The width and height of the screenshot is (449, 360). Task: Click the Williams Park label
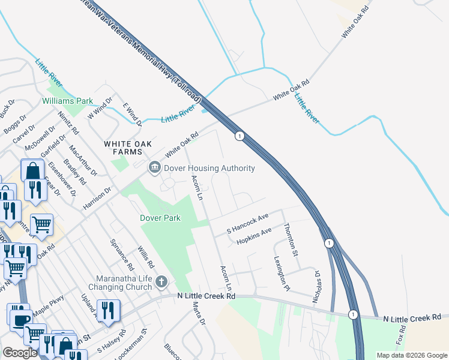(67, 101)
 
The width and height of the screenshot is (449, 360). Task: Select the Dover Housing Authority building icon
(154, 168)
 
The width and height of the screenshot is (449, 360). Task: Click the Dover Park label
(161, 218)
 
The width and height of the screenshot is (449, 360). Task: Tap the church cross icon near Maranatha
(161, 281)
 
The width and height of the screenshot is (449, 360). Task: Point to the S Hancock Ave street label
(247, 223)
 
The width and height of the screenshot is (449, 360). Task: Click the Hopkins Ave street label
(254, 235)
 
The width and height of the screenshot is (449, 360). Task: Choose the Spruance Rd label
(122, 254)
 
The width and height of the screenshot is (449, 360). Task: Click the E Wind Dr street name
(132, 114)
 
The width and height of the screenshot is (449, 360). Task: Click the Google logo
(19, 353)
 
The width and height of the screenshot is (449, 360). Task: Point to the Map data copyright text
(411, 355)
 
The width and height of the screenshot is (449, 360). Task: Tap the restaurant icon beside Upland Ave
(108, 310)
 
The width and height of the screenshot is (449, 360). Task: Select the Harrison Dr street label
(97, 199)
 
